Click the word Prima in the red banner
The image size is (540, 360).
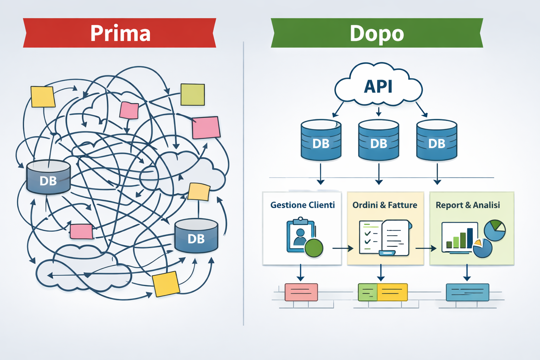120,33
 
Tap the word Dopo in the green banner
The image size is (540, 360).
377,33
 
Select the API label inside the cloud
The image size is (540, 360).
378,86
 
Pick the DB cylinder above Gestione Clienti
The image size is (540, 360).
321,141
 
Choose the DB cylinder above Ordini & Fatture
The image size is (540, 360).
378,141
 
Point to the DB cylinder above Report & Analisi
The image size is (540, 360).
436,141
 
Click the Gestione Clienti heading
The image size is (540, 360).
302,205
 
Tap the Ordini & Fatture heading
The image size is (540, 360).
385,205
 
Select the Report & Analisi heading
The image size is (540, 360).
468,205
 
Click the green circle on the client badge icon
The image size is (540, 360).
314,248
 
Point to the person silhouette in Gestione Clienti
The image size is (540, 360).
300,237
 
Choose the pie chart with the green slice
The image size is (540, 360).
495,230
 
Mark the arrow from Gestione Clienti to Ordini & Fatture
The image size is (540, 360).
343,249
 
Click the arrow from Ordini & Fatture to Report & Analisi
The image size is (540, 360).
426,249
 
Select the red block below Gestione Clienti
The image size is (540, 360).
301,292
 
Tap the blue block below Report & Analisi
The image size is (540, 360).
467,292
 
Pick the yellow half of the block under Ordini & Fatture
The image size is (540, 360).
392,292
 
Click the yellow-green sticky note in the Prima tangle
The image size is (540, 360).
193,95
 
